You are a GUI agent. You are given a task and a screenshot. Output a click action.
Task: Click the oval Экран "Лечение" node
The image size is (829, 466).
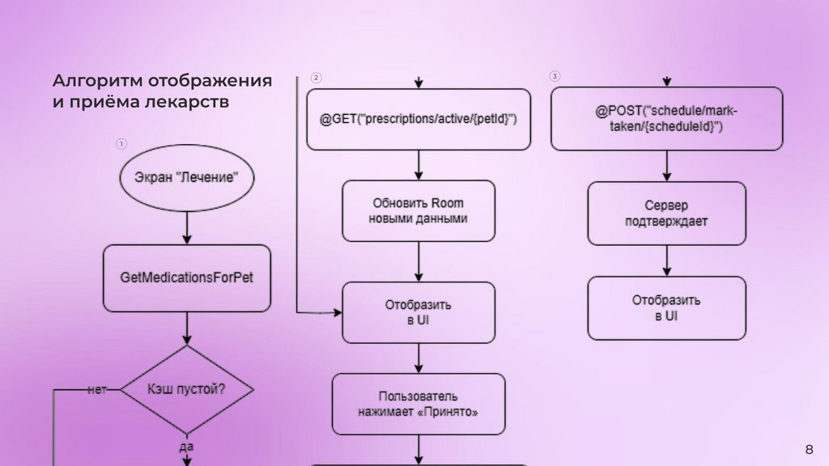pos(186,178)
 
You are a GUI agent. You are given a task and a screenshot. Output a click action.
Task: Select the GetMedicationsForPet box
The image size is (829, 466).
pos(186,278)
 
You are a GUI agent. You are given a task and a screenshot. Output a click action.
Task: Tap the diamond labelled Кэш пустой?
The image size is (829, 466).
pos(186,389)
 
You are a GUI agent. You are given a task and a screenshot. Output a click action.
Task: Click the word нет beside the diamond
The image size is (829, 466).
pos(97,389)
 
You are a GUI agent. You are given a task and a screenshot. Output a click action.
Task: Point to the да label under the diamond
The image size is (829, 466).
pos(187,446)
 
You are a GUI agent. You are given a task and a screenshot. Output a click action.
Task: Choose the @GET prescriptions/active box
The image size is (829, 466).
pos(418,119)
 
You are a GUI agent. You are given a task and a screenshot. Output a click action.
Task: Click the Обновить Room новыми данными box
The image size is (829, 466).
pos(418,210)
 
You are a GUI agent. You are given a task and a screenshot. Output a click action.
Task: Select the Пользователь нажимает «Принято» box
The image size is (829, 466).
pos(418,404)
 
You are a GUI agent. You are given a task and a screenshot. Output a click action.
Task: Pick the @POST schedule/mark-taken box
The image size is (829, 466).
pos(666,119)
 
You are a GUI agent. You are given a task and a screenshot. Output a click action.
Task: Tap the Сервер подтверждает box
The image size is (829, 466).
pos(666,213)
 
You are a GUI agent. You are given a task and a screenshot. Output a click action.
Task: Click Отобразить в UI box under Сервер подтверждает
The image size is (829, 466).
pos(666,307)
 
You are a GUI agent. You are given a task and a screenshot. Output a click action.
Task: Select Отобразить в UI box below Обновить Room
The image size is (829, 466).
pos(418,312)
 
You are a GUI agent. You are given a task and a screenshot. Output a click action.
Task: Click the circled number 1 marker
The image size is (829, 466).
pos(121,144)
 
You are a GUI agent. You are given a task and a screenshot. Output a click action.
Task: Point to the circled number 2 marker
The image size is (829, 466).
pos(316,78)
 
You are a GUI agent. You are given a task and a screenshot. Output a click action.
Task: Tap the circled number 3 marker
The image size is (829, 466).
pos(555,77)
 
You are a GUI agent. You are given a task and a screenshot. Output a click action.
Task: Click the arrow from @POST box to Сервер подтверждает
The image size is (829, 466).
pos(666,166)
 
